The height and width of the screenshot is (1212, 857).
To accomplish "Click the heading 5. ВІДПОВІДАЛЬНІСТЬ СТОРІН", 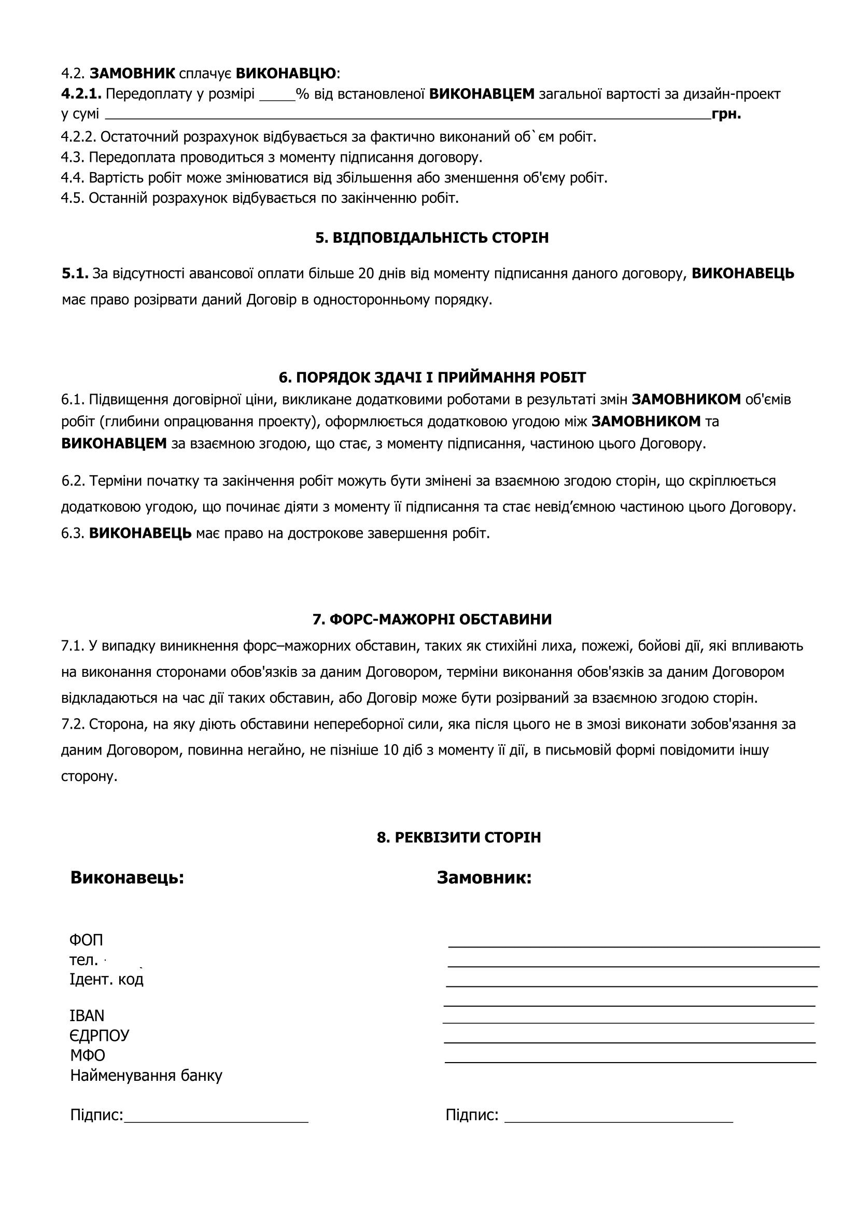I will point(432,238).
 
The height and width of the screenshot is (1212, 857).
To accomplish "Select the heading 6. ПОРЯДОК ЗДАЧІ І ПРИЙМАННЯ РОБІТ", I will point(432,378).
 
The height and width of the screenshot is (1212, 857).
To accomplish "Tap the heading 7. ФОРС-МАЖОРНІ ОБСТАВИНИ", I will point(432,619).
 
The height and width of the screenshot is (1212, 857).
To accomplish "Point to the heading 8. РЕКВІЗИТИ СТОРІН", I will point(459,838).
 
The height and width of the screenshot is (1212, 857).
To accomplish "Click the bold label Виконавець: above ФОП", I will point(127,877).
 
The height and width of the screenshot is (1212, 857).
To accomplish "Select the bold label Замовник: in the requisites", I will point(484,877).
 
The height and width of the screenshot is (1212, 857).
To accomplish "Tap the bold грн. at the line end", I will point(726,114).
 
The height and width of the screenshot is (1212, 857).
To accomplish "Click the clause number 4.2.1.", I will point(81,94).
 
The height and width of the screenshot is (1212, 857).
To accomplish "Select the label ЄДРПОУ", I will point(99,1035).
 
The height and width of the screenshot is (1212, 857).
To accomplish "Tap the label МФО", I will point(88,1055).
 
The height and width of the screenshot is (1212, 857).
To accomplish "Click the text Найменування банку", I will point(146,1075).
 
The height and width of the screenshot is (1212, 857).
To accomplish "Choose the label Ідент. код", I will point(106,979).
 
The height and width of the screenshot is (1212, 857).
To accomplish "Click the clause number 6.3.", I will point(72,533).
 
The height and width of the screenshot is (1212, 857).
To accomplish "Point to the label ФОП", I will point(86,940).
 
